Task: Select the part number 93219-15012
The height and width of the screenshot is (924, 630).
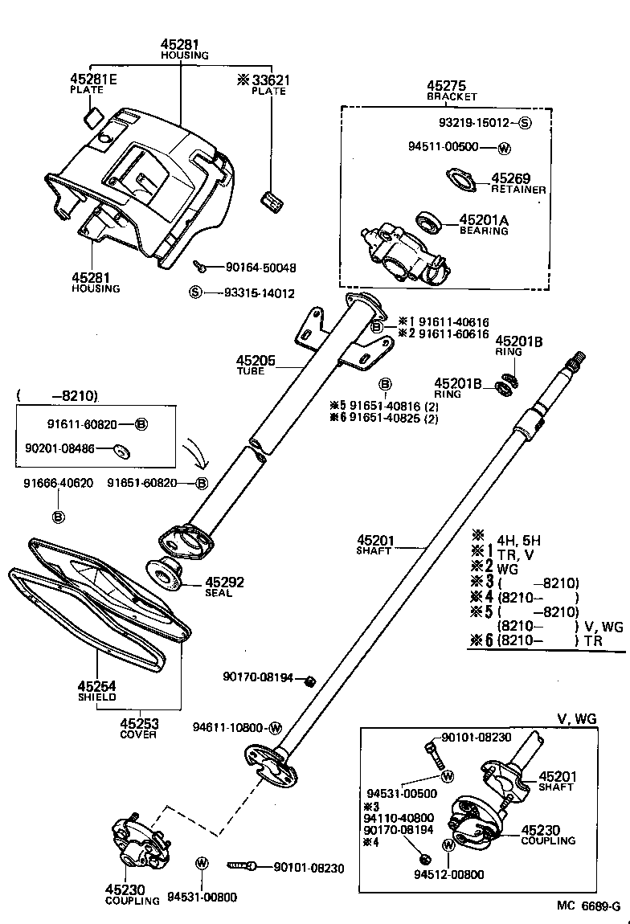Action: pos(475,124)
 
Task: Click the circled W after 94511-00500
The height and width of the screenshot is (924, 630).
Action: pos(505,148)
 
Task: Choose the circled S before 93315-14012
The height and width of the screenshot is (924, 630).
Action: pos(194,293)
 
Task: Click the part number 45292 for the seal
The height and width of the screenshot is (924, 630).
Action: pos(224,583)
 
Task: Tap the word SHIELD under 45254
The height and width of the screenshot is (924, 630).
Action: pos(97,697)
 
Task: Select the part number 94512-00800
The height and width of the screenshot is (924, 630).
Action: pos(449,874)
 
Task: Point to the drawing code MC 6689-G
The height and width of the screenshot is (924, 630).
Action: pos(589,906)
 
